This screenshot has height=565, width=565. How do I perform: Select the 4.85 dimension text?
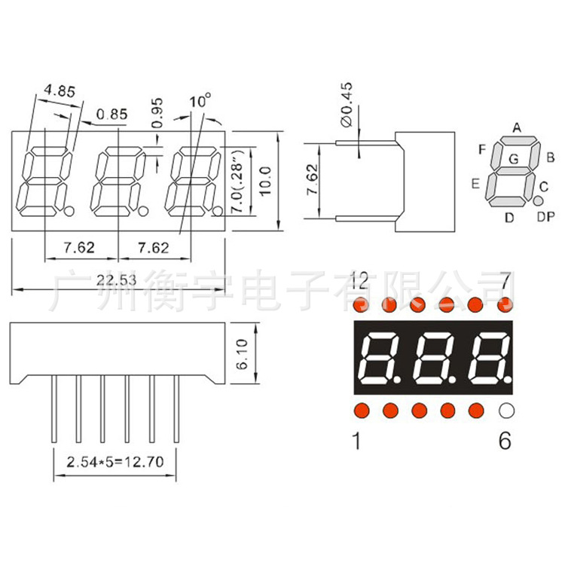[60, 91]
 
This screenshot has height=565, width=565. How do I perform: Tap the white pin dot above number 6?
[505, 411]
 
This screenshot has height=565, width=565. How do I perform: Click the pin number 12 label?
[359, 282]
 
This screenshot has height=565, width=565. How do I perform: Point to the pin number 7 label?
[505, 282]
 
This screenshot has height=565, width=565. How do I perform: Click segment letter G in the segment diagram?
[513, 159]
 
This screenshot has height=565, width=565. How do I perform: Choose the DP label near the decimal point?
[545, 217]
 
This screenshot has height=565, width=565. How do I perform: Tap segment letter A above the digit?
[517, 127]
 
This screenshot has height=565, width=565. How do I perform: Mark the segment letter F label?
[481, 148]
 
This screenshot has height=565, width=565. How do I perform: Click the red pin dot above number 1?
[360, 411]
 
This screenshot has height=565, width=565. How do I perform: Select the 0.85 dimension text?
[112, 115]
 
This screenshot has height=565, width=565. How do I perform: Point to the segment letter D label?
[509, 218]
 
